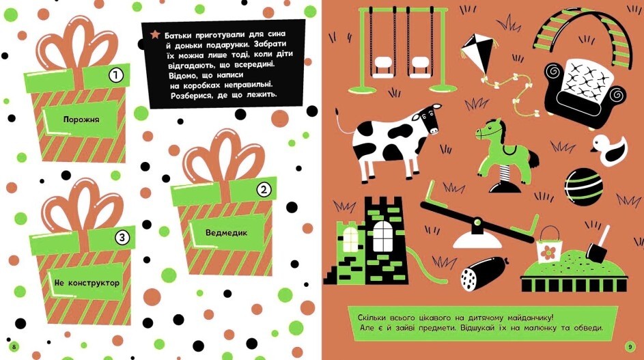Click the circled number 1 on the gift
click(x=116, y=75)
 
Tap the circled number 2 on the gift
click(x=264, y=189)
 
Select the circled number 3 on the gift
click(x=122, y=238)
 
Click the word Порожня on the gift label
click(x=81, y=120)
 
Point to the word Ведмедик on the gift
click(x=226, y=233)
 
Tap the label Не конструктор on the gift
click(x=87, y=283)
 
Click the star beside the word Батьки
click(x=155, y=34)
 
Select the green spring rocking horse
click(x=506, y=155)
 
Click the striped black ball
click(x=584, y=187)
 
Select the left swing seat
click(x=383, y=66)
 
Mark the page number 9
click(x=630, y=347)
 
